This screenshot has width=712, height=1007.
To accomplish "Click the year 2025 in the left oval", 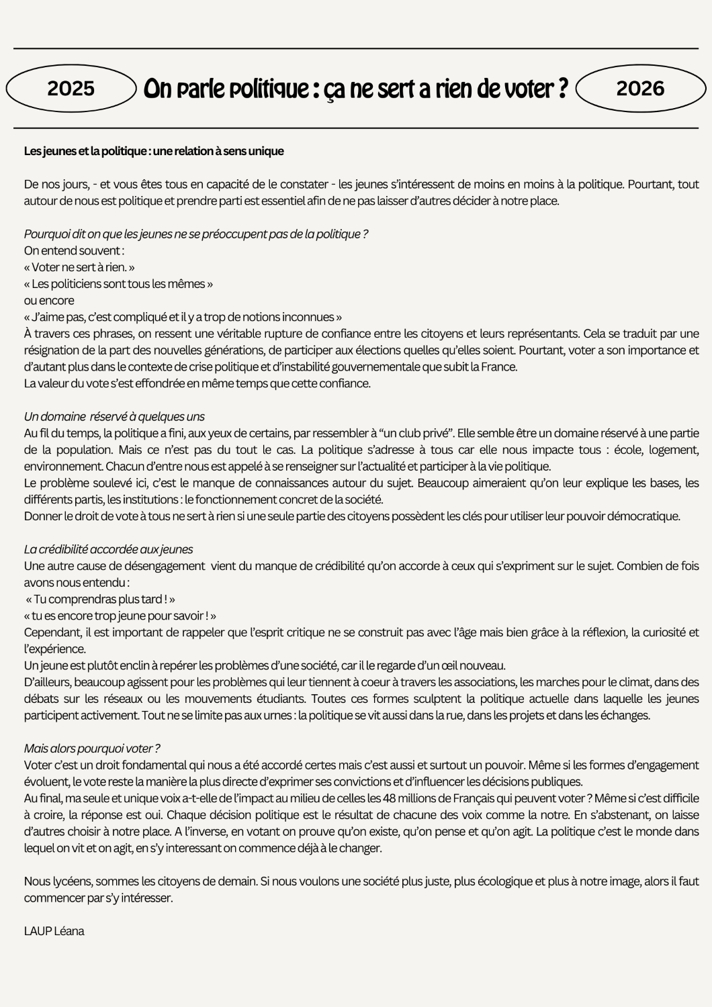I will point(71,89).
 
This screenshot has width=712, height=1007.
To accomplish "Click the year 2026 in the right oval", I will point(639,89).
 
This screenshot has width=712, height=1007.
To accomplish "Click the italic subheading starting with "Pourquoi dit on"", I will point(195,234).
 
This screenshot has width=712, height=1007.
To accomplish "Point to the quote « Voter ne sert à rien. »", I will point(79,267).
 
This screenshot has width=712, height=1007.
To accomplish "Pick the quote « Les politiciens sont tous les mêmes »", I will point(118,284).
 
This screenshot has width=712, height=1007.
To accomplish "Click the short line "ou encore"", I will point(49,300).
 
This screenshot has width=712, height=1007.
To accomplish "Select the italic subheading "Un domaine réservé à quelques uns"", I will point(114,417).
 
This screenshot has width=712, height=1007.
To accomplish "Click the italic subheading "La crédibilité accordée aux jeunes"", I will point(108,550).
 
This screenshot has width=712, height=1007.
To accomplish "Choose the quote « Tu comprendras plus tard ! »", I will point(101,599).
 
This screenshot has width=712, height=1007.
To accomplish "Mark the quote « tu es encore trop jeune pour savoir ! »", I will point(120,616).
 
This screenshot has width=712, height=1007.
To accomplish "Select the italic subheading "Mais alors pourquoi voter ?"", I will point(92,749).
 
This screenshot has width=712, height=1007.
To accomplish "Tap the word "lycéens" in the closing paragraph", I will point(71,881).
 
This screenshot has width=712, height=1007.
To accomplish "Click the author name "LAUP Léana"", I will point(54,931).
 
